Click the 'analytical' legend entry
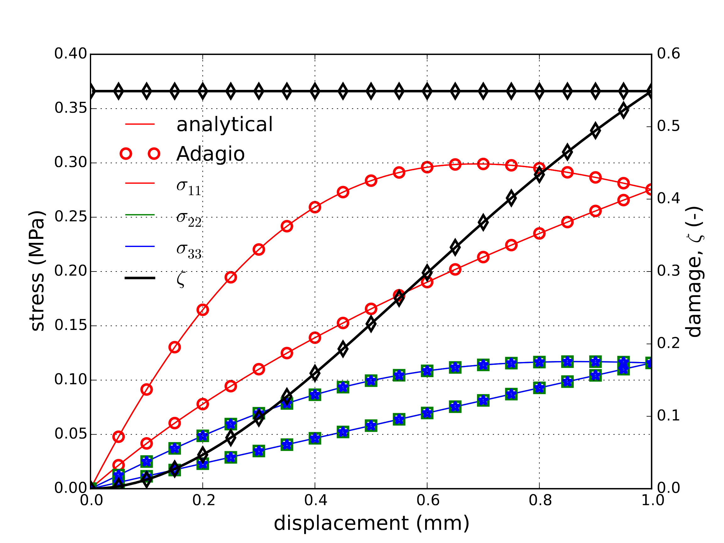click(224, 124)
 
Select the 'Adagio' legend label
click(210, 154)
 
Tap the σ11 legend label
click(189, 187)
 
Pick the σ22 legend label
click(189, 219)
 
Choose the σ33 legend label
click(189, 250)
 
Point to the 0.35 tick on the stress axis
click(70, 108)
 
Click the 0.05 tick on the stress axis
click(70, 434)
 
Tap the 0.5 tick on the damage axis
click(668, 126)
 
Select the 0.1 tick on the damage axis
click(668, 416)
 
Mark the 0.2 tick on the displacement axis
click(203, 501)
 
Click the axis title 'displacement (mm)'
click(371, 523)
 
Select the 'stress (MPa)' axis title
click(37, 271)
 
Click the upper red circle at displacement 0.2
click(203, 310)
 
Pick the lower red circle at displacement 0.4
click(315, 337)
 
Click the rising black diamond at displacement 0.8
click(540, 174)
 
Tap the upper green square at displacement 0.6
click(427, 371)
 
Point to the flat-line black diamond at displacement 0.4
click(315, 91)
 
